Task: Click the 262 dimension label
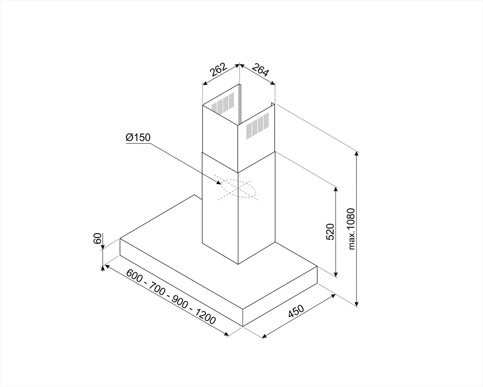[218, 70]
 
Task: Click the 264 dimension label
[260, 70]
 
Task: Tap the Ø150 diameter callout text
[138, 137]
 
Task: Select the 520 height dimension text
[330, 232]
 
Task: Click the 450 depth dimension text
[296, 311]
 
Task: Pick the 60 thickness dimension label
[97, 238]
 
